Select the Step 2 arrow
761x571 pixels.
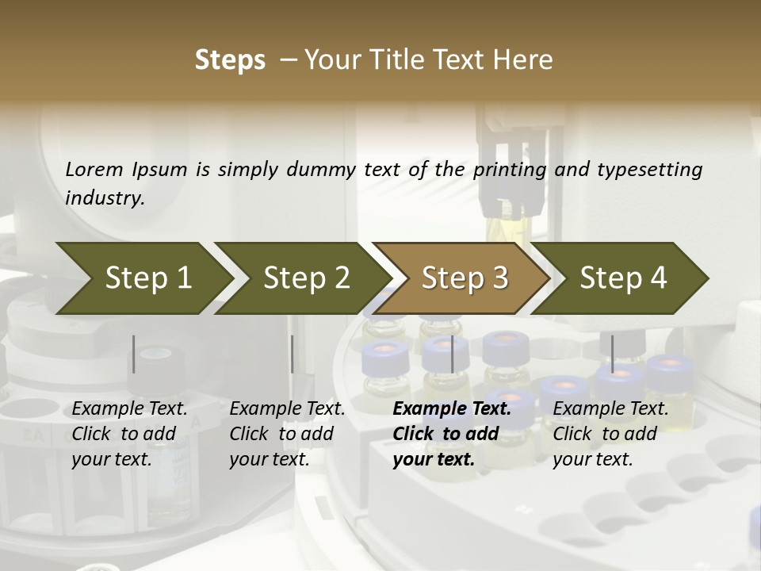pyautogui.click(x=306, y=278)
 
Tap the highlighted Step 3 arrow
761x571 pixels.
pyautogui.click(x=465, y=278)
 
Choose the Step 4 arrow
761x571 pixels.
pyautogui.click(x=623, y=278)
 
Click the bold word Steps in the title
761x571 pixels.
pyautogui.click(x=230, y=60)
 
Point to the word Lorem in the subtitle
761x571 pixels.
pyautogui.click(x=94, y=169)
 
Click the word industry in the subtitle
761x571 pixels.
pyautogui.click(x=105, y=198)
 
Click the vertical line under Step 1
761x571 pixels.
pyautogui.click(x=134, y=354)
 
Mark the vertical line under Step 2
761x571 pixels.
pyautogui.click(x=293, y=354)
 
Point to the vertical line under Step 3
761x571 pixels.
pyautogui.click(x=452, y=354)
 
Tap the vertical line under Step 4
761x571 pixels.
pyautogui.click(x=612, y=354)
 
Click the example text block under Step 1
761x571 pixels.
pyautogui.click(x=129, y=434)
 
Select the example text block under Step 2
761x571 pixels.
pyautogui.click(x=287, y=434)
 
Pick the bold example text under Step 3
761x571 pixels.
pyautogui.click(x=452, y=434)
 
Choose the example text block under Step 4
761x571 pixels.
pyautogui.click(x=610, y=434)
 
